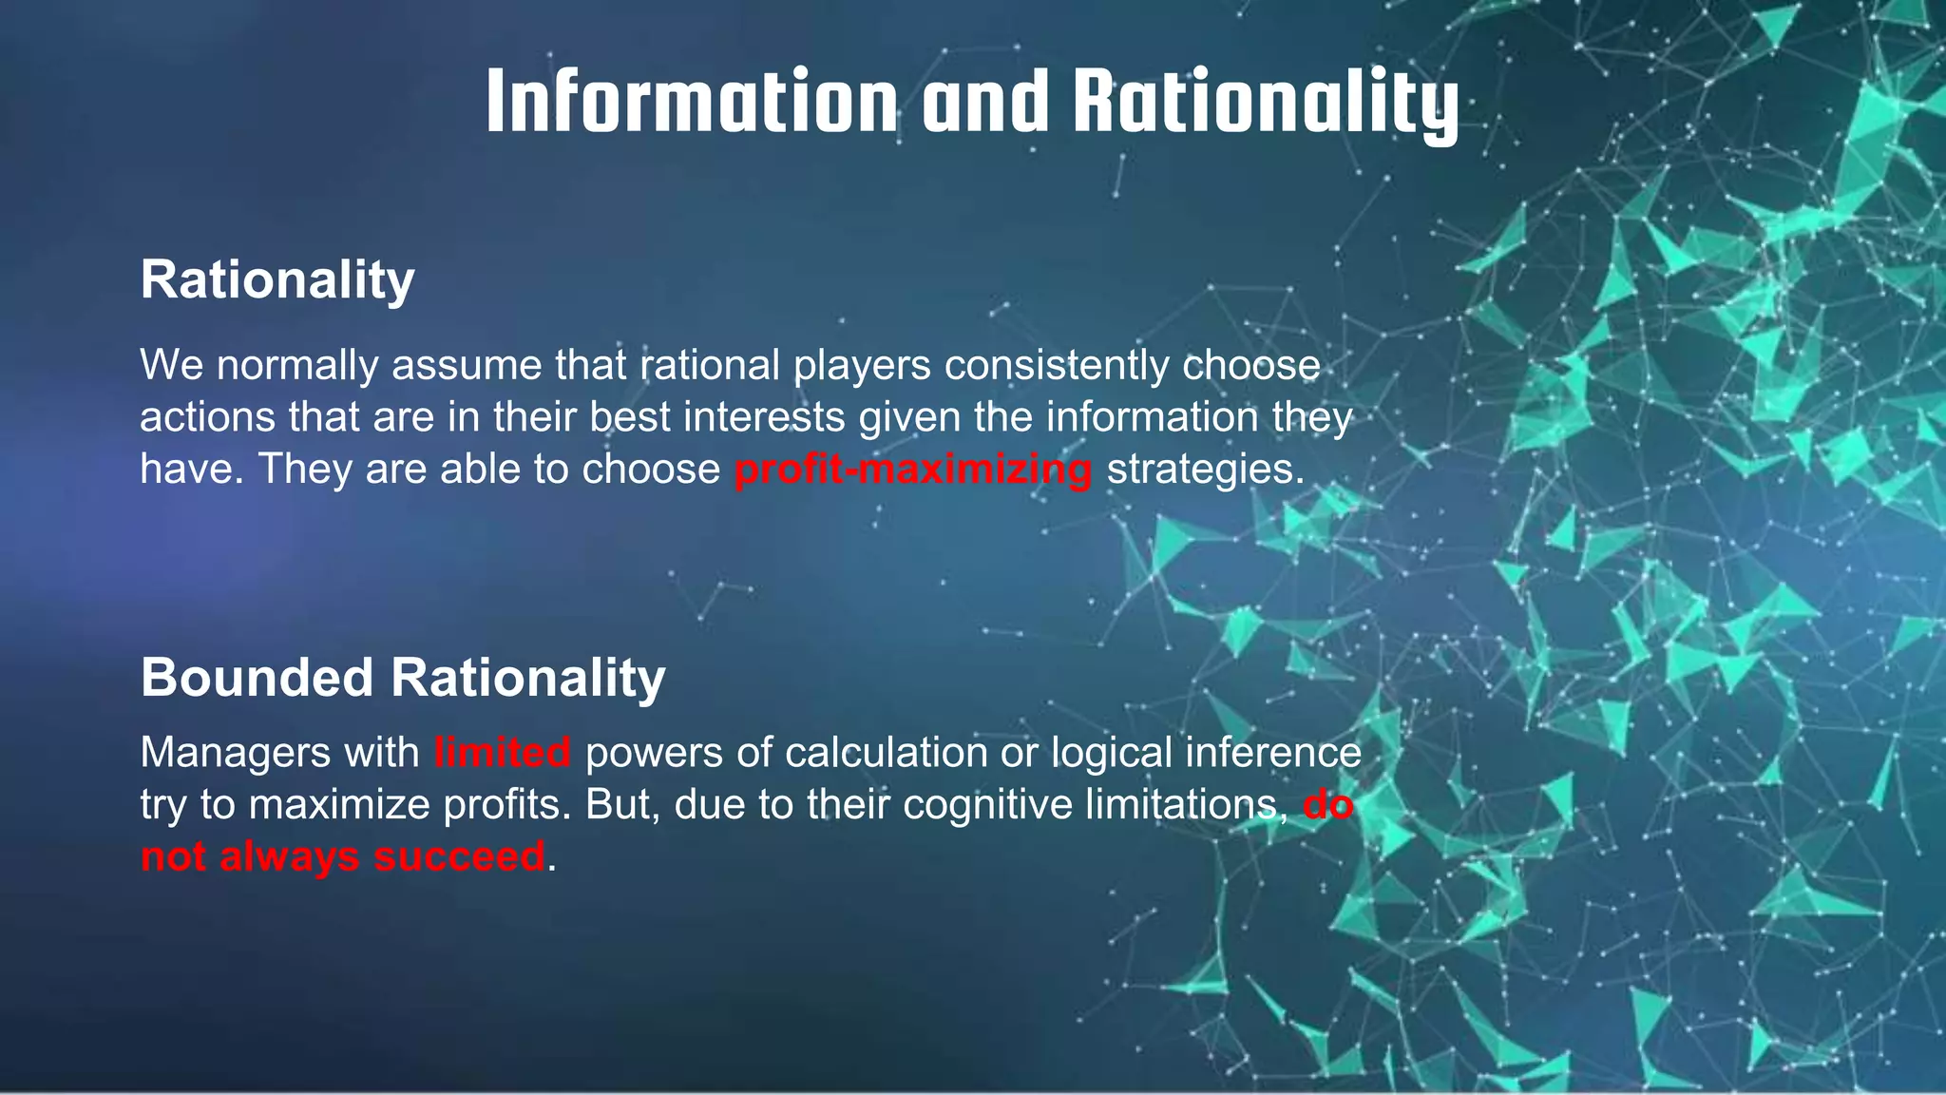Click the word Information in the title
[691, 102]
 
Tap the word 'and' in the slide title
[985, 102]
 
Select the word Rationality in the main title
[1266, 102]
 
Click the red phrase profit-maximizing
[913, 470]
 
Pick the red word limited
[502, 753]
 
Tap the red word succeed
[460, 856]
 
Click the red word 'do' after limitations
[1327, 805]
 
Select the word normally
[297, 366]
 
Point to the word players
[863, 366]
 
